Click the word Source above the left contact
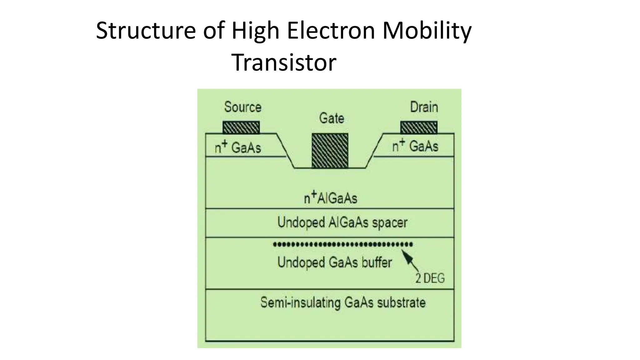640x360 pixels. click(242, 107)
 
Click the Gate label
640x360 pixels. click(331, 118)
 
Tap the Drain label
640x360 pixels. click(424, 107)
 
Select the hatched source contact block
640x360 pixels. click(241, 127)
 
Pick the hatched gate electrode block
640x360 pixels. click(330, 151)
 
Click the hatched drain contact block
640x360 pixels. click(419, 127)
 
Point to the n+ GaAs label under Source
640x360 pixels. click(238, 147)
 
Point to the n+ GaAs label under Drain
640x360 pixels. click(415, 146)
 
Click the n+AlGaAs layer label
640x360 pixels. click(330, 198)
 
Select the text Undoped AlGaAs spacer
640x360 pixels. click(342, 222)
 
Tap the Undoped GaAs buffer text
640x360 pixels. click(334, 262)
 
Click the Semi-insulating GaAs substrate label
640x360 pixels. click(343, 302)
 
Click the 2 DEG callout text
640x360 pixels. click(430, 278)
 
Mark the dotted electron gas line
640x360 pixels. click(342, 244)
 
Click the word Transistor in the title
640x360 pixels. click(284, 62)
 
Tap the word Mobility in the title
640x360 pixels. click(427, 31)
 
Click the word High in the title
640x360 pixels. click(255, 31)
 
